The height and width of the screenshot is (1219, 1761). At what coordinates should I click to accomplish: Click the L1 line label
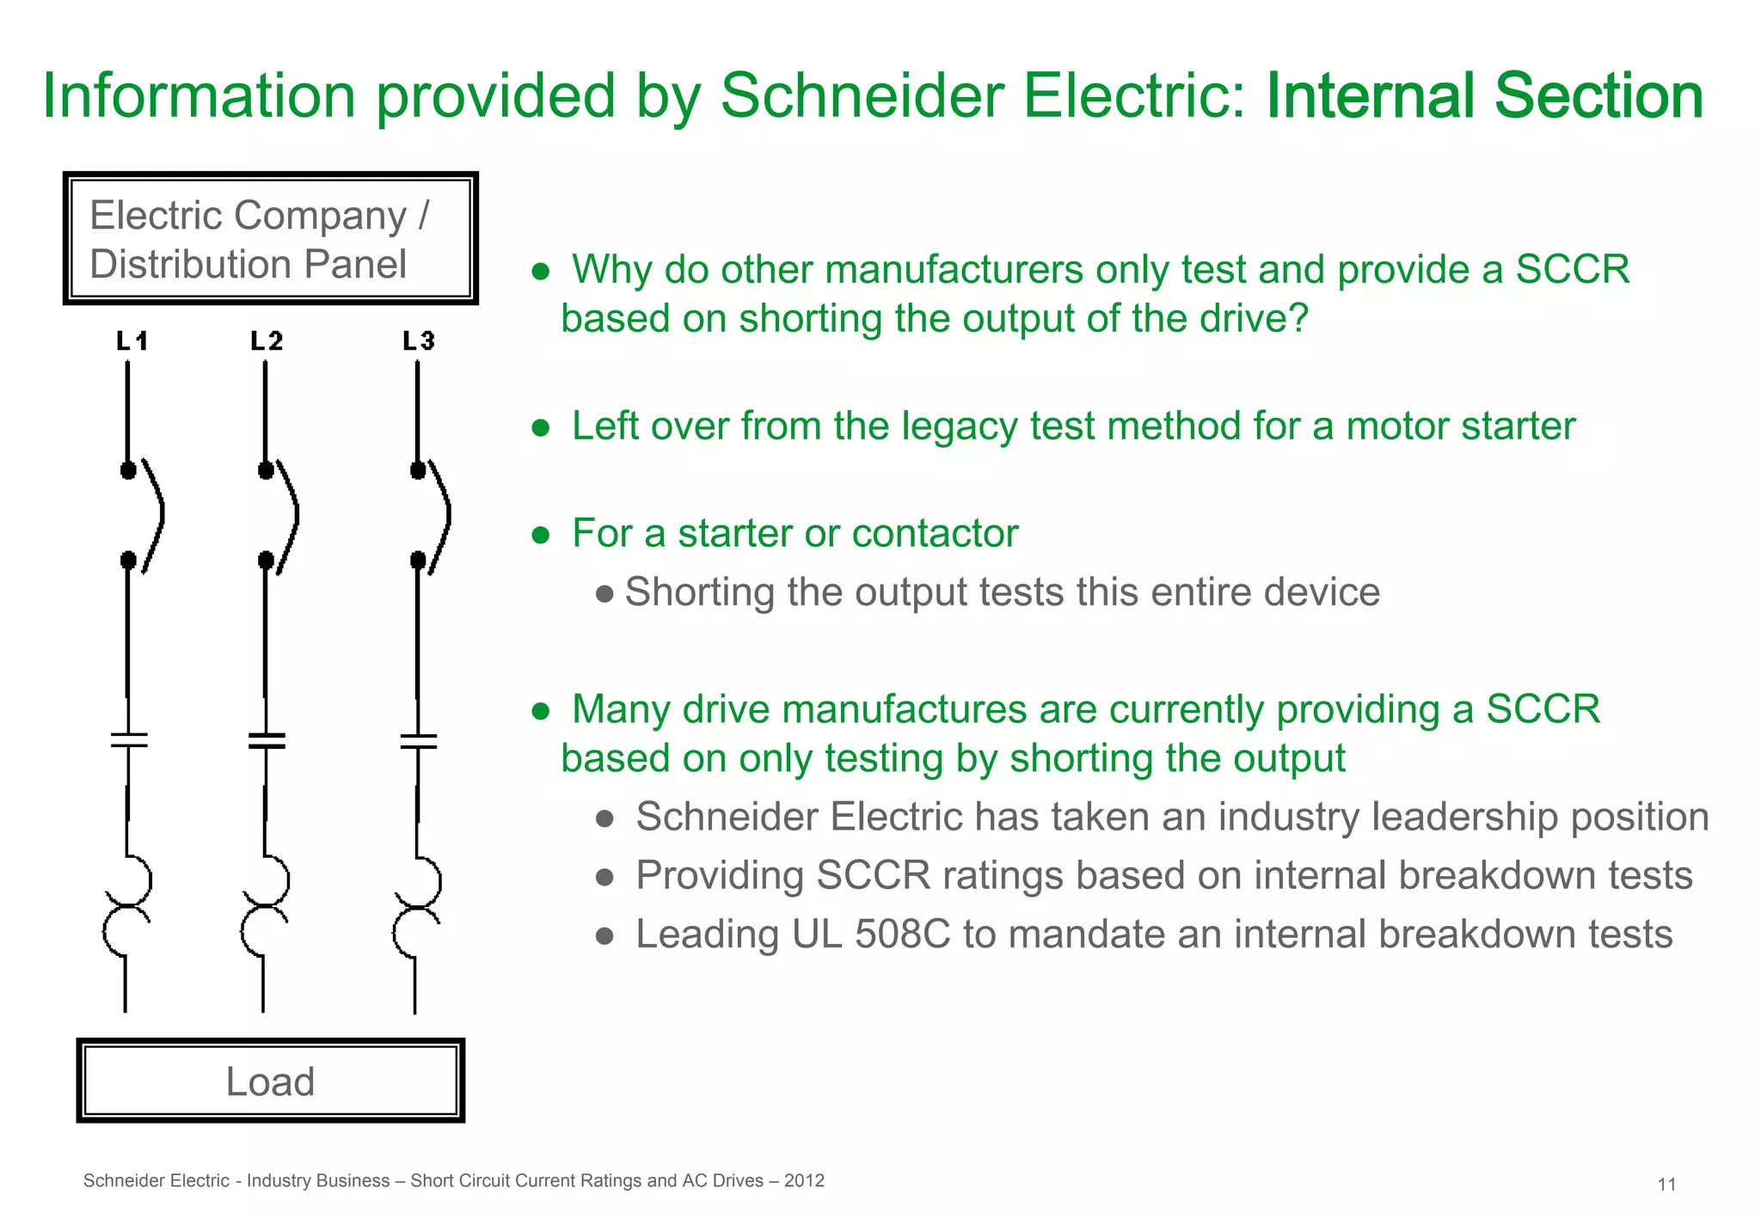pyautogui.click(x=132, y=341)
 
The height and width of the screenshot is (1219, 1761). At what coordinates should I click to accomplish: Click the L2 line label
pyautogui.click(x=267, y=341)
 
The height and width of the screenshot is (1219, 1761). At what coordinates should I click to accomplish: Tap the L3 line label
pyautogui.click(x=419, y=341)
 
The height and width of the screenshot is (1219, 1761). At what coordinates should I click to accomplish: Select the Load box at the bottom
pyautogui.click(x=270, y=1081)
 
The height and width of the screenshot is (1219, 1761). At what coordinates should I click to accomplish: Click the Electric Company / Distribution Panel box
pyautogui.click(x=270, y=238)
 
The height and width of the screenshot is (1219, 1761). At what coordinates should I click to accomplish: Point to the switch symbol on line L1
pyautogui.click(x=144, y=516)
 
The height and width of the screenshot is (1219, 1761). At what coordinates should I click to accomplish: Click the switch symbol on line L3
pyautogui.click(x=433, y=516)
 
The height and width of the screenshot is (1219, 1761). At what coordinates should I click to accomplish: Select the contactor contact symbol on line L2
pyautogui.click(x=267, y=740)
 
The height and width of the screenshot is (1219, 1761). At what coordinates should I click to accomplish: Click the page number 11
pyautogui.click(x=1666, y=1185)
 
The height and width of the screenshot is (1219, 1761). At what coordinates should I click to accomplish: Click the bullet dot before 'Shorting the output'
pyautogui.click(x=604, y=593)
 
